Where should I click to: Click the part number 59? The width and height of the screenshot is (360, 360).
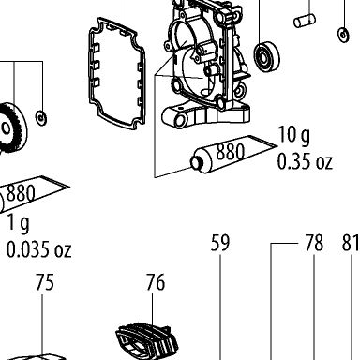point(220,243)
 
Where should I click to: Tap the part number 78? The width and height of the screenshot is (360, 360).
point(314,243)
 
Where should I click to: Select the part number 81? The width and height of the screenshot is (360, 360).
point(351,243)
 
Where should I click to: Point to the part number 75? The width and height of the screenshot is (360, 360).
point(45,282)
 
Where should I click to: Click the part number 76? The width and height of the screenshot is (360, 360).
point(156,282)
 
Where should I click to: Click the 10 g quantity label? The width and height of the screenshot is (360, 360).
point(294,135)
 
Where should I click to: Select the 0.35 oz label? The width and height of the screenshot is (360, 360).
point(305,161)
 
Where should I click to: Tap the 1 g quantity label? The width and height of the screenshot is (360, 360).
point(18,223)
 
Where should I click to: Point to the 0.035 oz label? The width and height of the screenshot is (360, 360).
point(39,249)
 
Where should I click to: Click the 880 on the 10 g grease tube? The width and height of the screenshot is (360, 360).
point(231,152)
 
